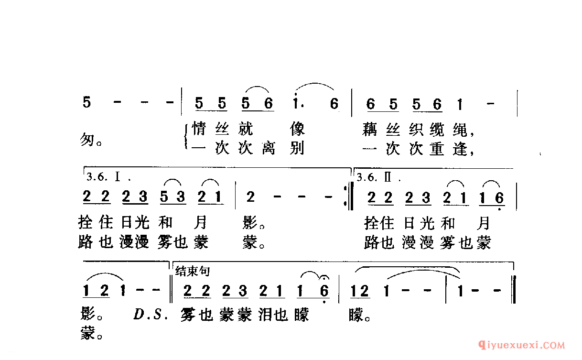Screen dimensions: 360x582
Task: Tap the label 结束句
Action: (x=193, y=272)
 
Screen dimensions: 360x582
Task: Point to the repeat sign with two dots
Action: (x=346, y=197)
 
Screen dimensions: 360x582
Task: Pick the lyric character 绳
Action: (x=465, y=129)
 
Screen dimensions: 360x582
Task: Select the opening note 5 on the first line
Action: (x=86, y=103)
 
